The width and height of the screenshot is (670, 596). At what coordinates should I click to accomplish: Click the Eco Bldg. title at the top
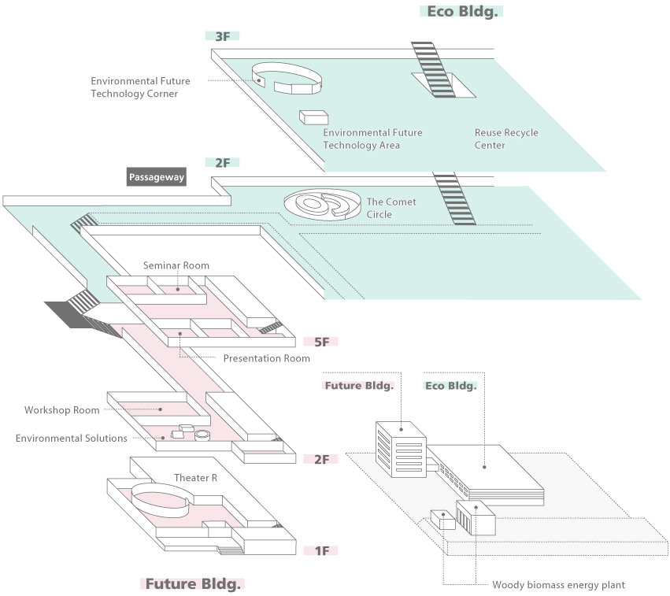461,11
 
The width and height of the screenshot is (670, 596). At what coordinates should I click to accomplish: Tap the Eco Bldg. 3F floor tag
221,36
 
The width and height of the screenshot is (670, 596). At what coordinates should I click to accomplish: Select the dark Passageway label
156,177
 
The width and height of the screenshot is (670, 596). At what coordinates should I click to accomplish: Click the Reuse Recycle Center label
506,139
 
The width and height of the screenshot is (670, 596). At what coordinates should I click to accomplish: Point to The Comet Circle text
391,208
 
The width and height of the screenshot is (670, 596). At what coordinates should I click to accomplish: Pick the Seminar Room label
176,265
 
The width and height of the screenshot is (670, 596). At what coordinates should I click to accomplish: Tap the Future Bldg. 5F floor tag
320,342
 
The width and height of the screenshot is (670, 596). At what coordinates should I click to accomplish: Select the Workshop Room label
61,410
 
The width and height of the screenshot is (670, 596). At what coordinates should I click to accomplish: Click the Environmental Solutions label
71,438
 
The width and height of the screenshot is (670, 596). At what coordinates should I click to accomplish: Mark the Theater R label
195,478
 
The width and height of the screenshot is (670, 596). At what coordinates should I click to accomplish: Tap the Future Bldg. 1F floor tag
320,550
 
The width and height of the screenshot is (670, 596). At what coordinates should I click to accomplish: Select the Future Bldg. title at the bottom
193,583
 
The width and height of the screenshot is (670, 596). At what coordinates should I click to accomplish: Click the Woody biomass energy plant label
558,584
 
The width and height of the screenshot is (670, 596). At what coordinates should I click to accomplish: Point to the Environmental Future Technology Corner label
140,87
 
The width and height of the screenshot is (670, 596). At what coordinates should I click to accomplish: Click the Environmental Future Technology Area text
372,139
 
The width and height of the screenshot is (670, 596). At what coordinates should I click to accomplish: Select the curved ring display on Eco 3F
287,76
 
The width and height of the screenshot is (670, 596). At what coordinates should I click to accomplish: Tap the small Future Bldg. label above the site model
358,386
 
